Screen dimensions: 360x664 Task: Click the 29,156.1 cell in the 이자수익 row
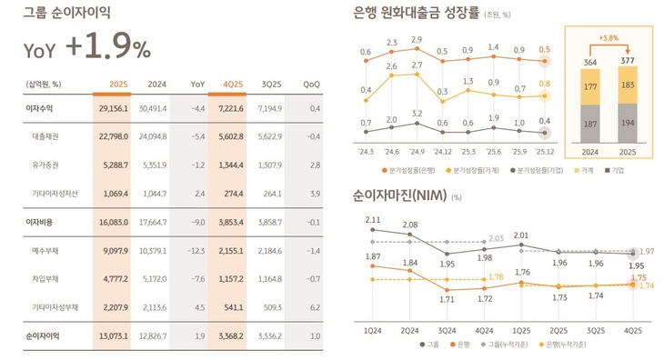113,108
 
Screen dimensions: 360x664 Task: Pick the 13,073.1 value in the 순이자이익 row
113,336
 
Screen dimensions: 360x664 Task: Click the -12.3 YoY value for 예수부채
196,249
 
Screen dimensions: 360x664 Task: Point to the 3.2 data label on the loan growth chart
418,114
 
